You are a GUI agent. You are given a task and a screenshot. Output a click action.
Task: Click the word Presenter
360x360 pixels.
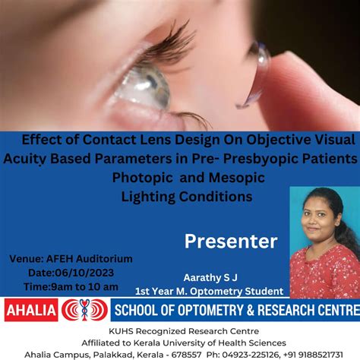[x=231, y=242]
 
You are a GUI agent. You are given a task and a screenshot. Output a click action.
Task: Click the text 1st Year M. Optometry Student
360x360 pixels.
[x=209, y=291]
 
